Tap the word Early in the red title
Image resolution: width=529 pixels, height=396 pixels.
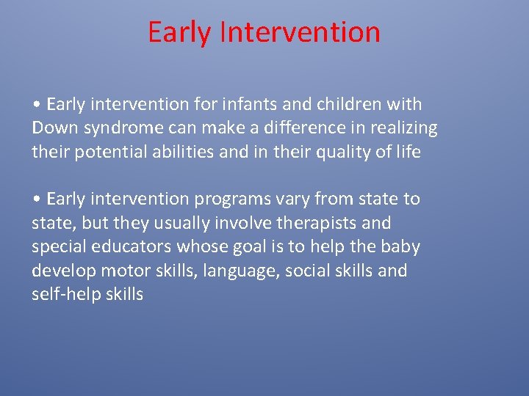[x=179, y=32]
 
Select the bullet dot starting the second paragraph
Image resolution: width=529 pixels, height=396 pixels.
[x=36, y=199]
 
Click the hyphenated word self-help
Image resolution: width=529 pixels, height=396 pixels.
[x=63, y=295]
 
